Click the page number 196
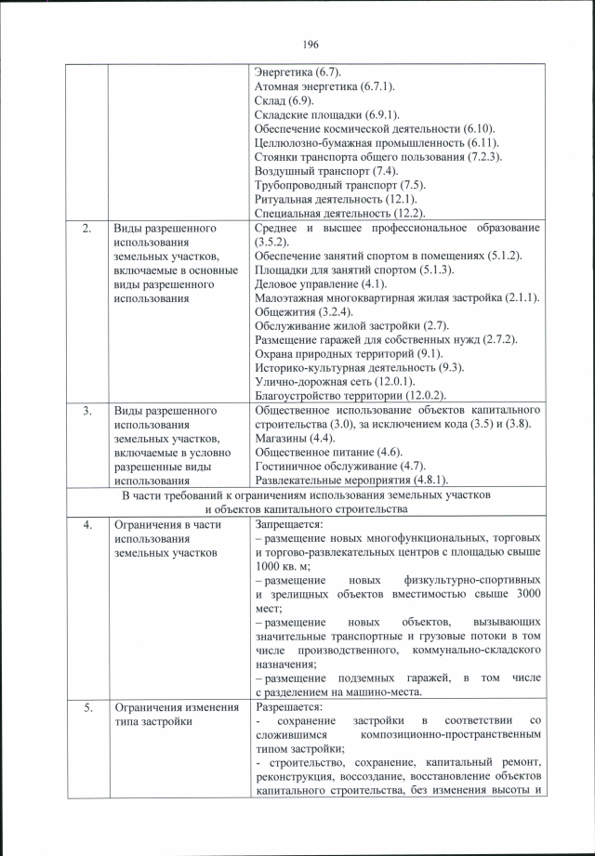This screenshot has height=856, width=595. tap(311, 45)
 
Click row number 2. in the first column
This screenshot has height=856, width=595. tap(86, 228)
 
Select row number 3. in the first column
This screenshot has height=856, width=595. tap(86, 410)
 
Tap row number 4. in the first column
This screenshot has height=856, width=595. tap(86, 524)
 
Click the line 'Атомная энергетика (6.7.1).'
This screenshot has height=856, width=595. tap(325, 86)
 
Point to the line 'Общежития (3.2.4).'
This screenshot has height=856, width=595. tap(302, 311)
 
